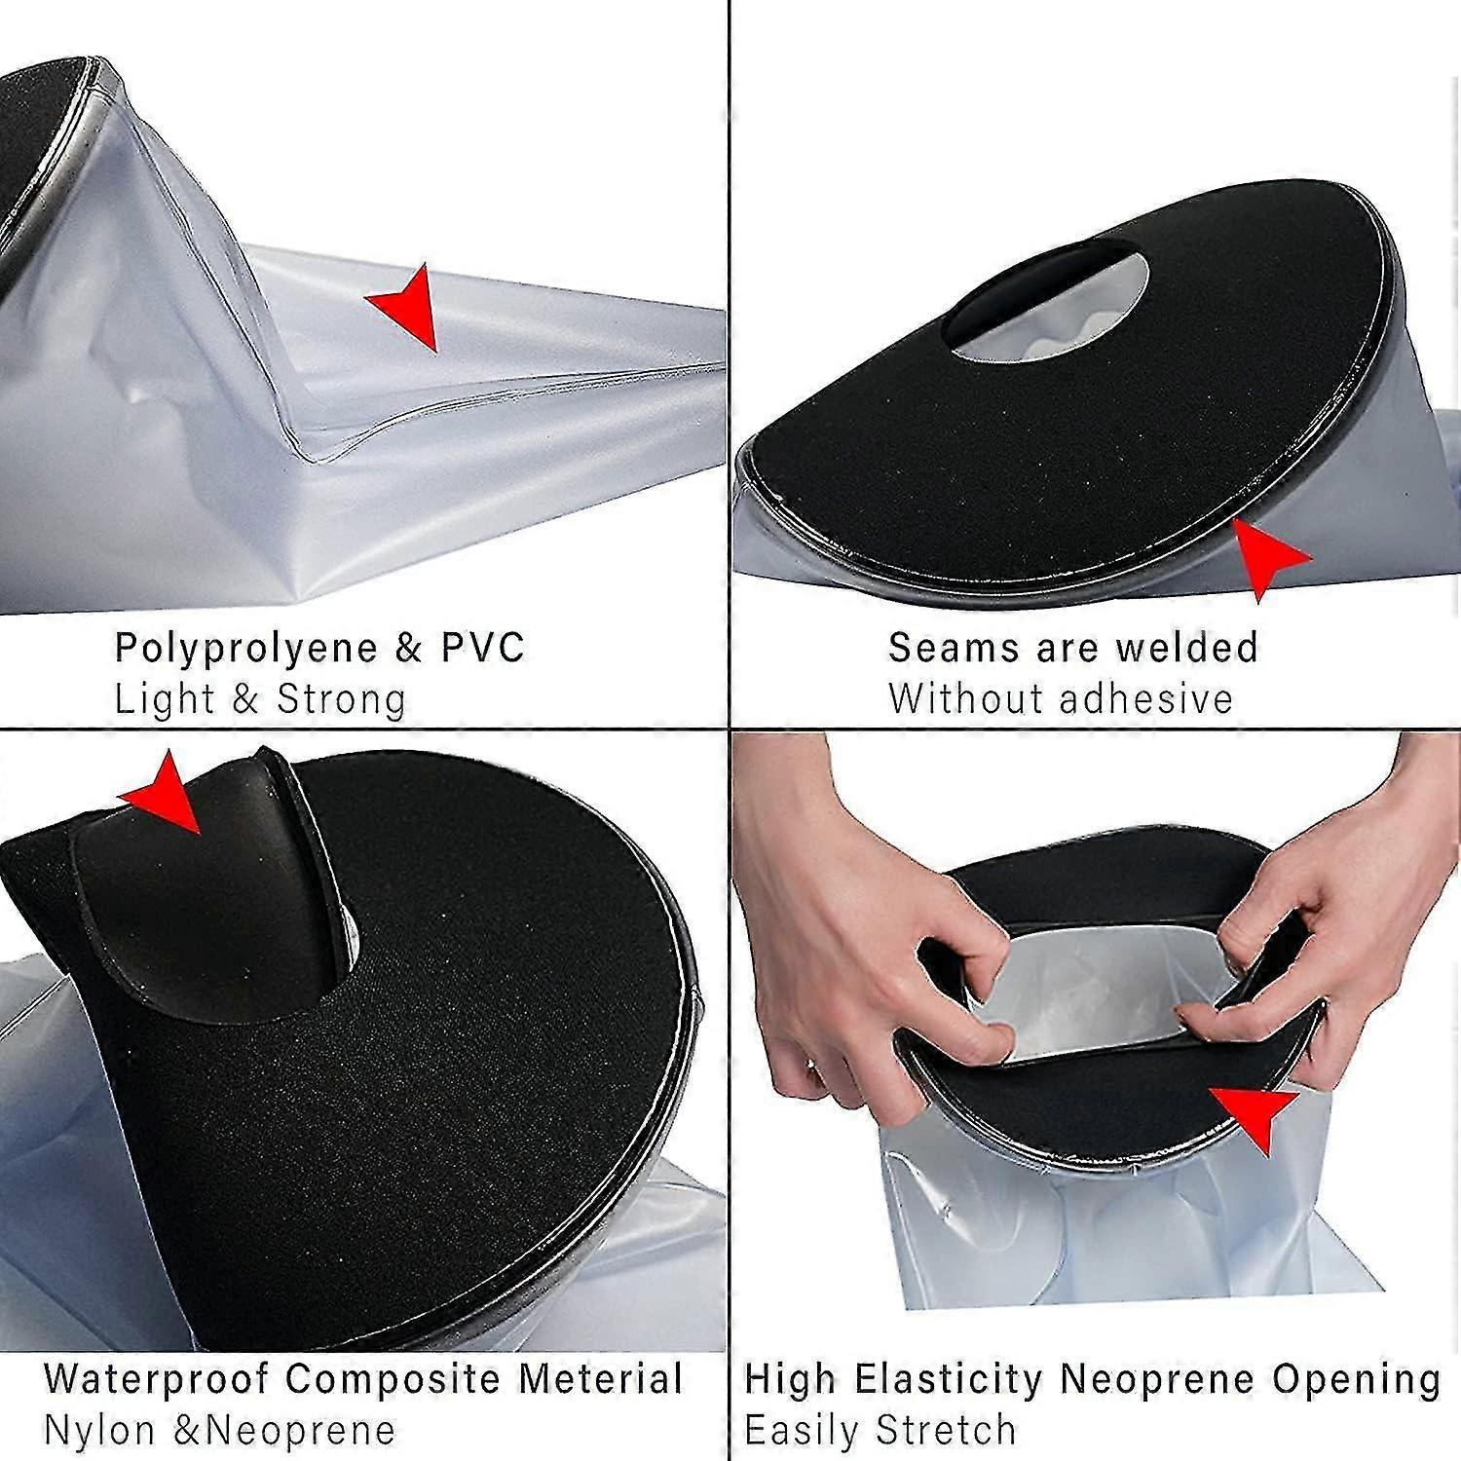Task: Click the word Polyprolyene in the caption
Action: tap(233, 649)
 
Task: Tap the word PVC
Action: tap(483, 648)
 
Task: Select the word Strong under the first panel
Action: tap(341, 699)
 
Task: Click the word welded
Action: tap(1186, 648)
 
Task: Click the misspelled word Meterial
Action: tap(600, 1379)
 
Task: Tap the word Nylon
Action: tap(100, 1431)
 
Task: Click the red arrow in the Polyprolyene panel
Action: tap(407, 305)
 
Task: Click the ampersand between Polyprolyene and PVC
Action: tap(409, 649)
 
